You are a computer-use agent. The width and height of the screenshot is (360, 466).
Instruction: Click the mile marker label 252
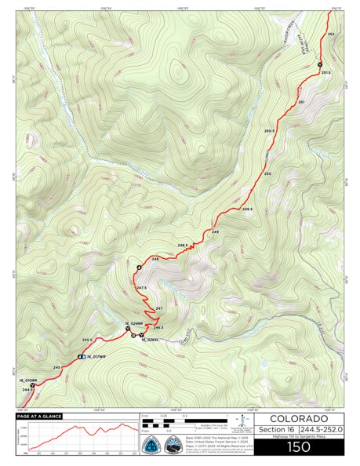click(x=330, y=35)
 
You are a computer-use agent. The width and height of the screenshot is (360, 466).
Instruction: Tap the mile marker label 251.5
click(x=325, y=72)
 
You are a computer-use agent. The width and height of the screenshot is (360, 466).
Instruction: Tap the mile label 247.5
click(x=141, y=288)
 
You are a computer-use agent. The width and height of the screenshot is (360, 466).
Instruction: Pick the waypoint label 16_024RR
click(x=133, y=323)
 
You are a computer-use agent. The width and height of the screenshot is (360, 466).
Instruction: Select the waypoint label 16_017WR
click(x=96, y=357)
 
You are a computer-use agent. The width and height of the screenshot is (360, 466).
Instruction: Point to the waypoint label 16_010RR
click(x=30, y=380)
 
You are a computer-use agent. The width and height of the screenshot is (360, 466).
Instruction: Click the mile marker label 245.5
click(x=87, y=340)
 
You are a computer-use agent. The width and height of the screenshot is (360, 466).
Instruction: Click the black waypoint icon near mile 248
click(x=140, y=268)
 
